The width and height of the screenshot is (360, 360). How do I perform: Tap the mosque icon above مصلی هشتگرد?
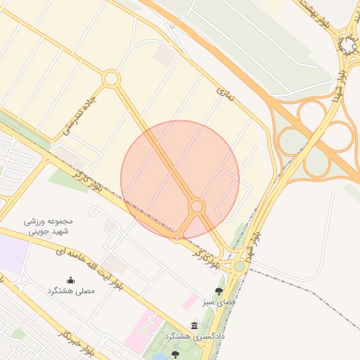[x=70, y=279]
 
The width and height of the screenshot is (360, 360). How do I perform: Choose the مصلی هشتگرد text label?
[x=70, y=291]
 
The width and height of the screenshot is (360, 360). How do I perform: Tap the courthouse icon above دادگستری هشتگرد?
[x=195, y=324]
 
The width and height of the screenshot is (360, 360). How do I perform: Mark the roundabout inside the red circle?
[x=197, y=206]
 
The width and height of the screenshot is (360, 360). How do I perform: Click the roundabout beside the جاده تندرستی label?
[x=110, y=79]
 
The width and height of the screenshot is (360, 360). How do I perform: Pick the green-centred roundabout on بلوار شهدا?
[x=239, y=266]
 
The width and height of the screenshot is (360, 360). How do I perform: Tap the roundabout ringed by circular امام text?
[x=348, y=46]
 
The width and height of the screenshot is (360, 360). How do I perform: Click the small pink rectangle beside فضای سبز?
[x=190, y=302]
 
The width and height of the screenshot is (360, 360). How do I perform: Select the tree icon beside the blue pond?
[x=176, y=354]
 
